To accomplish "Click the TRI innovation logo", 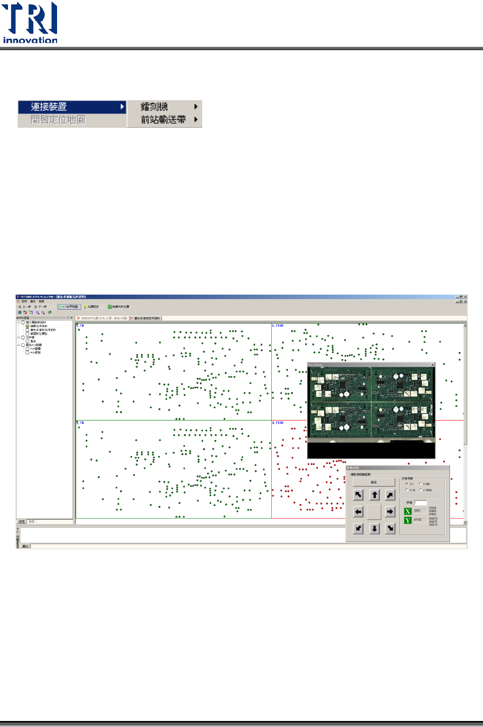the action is click(x=30, y=23).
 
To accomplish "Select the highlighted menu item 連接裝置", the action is click(x=71, y=107).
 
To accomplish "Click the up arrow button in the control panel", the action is click(x=374, y=495).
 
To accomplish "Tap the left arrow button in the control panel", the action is click(x=358, y=512).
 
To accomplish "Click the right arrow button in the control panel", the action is click(x=390, y=512).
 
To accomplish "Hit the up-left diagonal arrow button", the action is click(x=358, y=495).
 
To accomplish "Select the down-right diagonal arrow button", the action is click(x=390, y=528).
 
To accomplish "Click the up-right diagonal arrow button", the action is click(x=390, y=495).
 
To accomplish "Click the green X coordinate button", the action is click(x=408, y=511).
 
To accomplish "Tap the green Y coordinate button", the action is click(x=408, y=520).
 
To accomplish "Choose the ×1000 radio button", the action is click(x=420, y=490).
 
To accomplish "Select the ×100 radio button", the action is click(x=420, y=484).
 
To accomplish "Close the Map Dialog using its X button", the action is click(x=432, y=364).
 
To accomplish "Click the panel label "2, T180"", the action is click(x=278, y=326).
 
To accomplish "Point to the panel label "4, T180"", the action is click(x=278, y=423).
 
